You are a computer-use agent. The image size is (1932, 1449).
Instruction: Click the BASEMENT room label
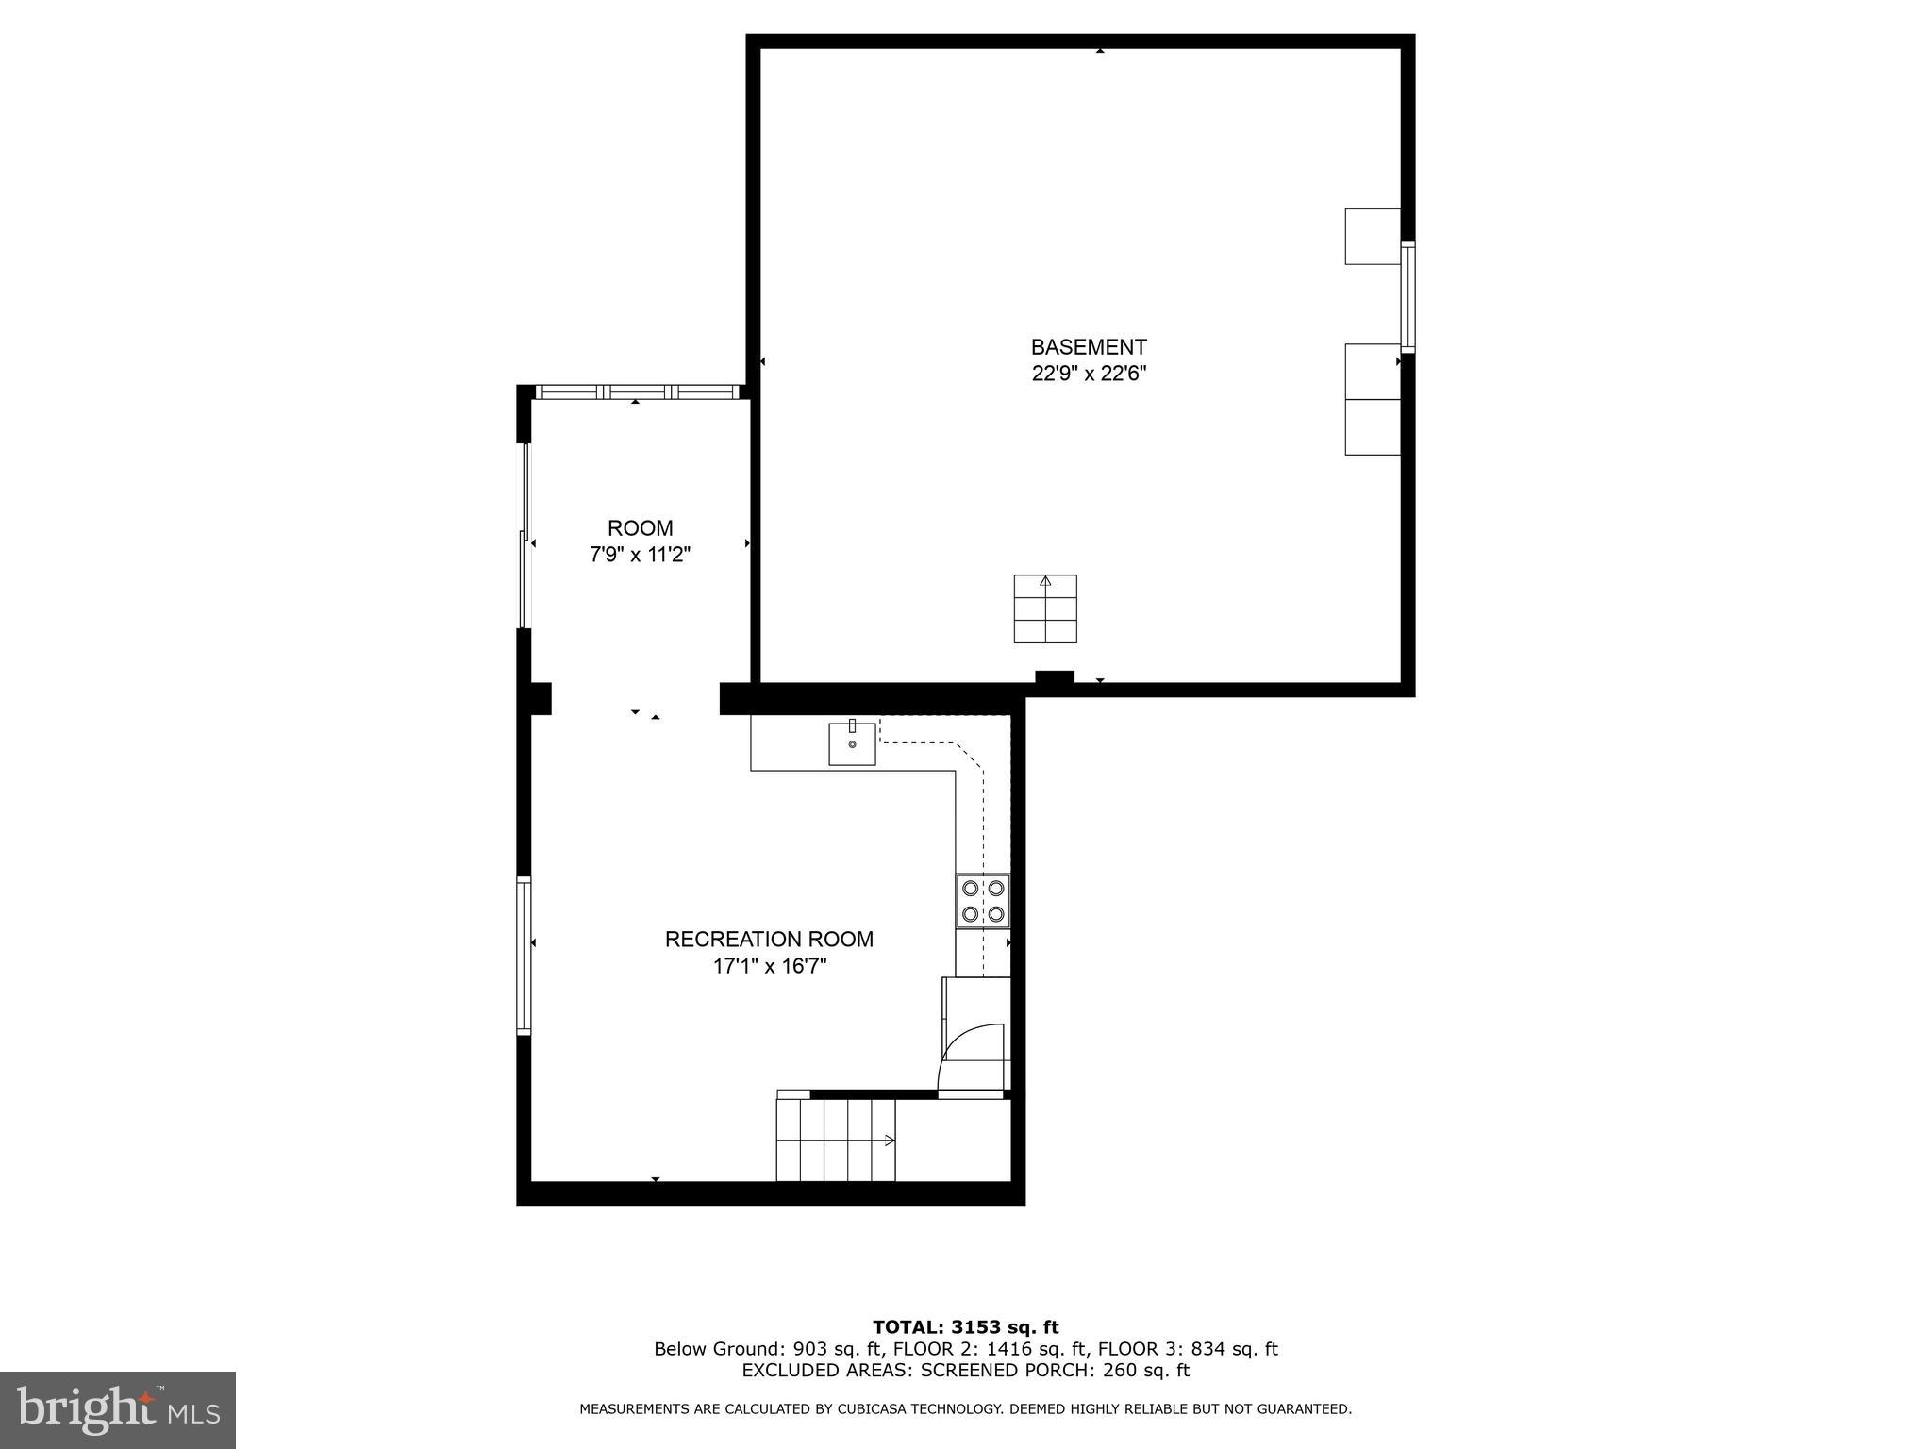point(1088,347)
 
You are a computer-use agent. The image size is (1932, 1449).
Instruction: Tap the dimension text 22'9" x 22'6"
point(1088,374)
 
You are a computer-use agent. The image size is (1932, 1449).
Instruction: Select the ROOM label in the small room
point(640,528)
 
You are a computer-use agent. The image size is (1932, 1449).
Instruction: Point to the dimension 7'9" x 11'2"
point(640,555)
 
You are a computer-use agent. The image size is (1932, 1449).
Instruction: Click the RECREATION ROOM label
point(769,940)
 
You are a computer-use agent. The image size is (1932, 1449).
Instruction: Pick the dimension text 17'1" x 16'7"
point(769,966)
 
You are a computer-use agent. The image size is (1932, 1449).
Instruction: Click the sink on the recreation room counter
point(852,743)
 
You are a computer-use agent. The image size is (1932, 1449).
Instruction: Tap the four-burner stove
point(983,901)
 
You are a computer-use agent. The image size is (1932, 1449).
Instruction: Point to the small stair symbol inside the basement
point(1045,608)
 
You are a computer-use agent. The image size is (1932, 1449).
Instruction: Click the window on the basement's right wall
point(1407,296)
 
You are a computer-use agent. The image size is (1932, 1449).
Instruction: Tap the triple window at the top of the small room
point(638,391)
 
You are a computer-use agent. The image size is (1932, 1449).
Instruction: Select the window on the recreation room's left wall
point(524,956)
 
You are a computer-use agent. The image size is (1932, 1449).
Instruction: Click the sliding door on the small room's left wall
point(525,536)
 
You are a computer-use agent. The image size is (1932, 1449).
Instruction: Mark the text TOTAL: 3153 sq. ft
point(965,1327)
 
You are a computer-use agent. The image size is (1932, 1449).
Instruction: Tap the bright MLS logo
point(118,1409)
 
